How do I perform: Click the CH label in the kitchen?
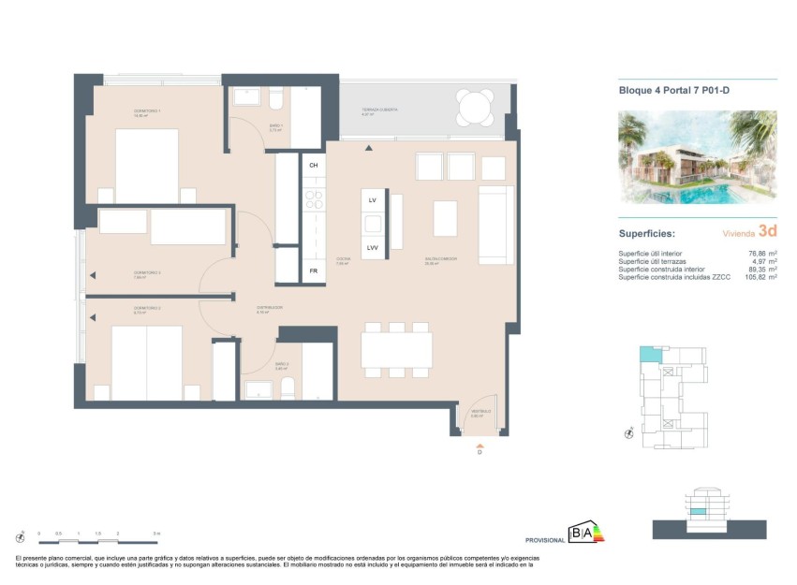click(x=313, y=165)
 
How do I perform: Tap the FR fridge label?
click(x=313, y=271)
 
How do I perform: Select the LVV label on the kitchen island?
click(x=373, y=247)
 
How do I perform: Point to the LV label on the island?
click(x=373, y=200)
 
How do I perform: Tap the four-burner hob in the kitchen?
click(x=313, y=199)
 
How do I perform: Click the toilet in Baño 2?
click(x=288, y=388)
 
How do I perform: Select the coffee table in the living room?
click(x=445, y=218)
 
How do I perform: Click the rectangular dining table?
click(x=397, y=350)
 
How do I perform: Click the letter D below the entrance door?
click(x=480, y=453)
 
